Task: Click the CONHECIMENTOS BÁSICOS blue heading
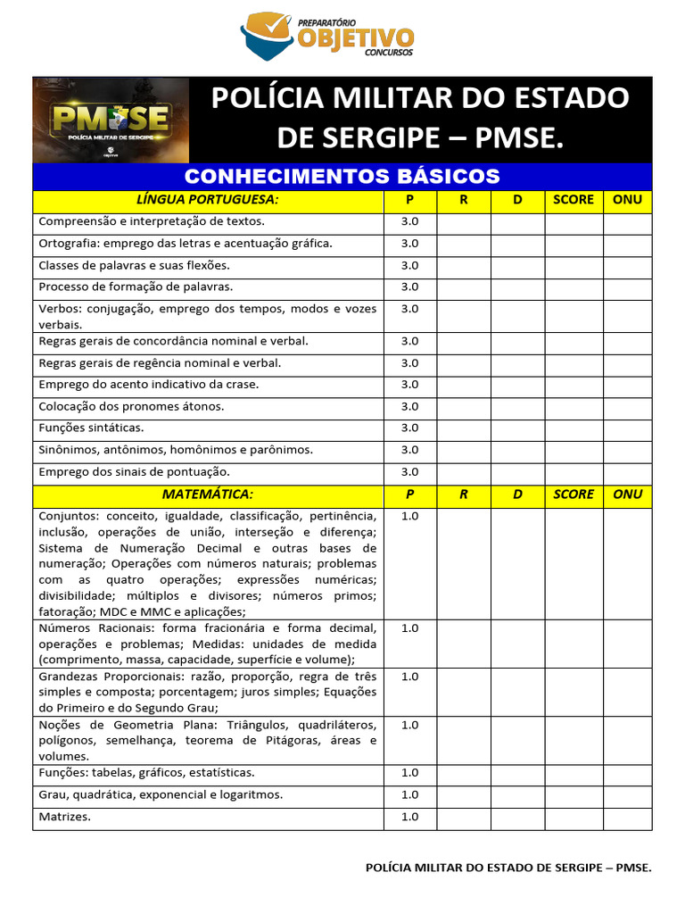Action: pyautogui.click(x=342, y=176)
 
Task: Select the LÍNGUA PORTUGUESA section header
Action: pyautogui.click(x=208, y=199)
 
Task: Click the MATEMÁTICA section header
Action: pyautogui.click(x=208, y=494)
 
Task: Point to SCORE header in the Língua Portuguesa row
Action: pyautogui.click(x=574, y=199)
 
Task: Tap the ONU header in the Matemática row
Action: pyautogui.click(x=628, y=494)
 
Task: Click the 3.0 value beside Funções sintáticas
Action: pyautogui.click(x=409, y=428)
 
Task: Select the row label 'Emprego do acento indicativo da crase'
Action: pyautogui.click(x=149, y=385)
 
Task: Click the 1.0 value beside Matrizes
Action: pyautogui.click(x=409, y=817)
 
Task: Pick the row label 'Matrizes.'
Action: pyautogui.click(x=65, y=817)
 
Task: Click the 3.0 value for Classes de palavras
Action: pyautogui.click(x=409, y=265)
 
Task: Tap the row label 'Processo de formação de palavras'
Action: pyautogui.click(x=136, y=287)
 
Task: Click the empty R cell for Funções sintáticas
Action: pyautogui.click(x=464, y=428)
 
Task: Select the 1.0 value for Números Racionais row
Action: pyautogui.click(x=409, y=628)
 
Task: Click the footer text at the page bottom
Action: pyautogui.click(x=509, y=867)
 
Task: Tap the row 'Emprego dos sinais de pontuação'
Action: pyautogui.click(x=135, y=471)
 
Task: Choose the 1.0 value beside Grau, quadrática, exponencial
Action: pyautogui.click(x=409, y=794)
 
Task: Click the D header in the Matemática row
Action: pyautogui.click(x=518, y=494)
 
